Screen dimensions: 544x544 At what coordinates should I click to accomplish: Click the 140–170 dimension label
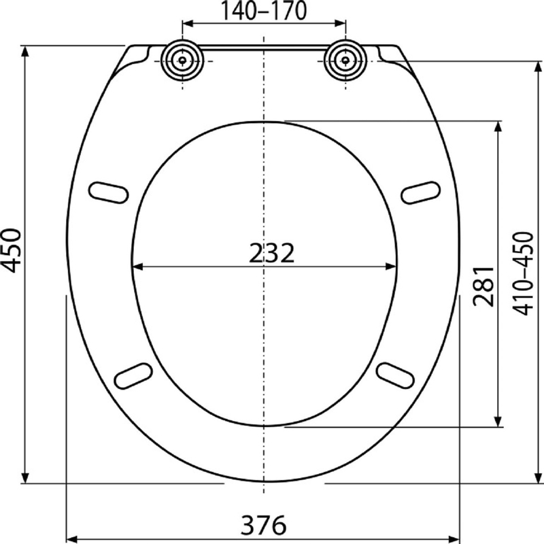coord(264,10)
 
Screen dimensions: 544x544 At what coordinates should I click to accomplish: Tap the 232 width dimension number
coord(271,253)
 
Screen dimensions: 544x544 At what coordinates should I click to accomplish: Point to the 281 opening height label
coord(483,286)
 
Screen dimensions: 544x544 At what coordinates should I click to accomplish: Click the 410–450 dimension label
coord(523,273)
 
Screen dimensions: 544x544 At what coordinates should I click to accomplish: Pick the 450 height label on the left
coord(12,250)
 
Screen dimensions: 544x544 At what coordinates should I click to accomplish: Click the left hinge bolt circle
coord(182,61)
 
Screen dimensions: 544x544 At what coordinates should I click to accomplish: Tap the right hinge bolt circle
coord(345,61)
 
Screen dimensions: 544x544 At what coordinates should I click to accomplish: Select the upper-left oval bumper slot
coord(108,192)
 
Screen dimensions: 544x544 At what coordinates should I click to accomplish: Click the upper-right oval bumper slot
coord(420,192)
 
